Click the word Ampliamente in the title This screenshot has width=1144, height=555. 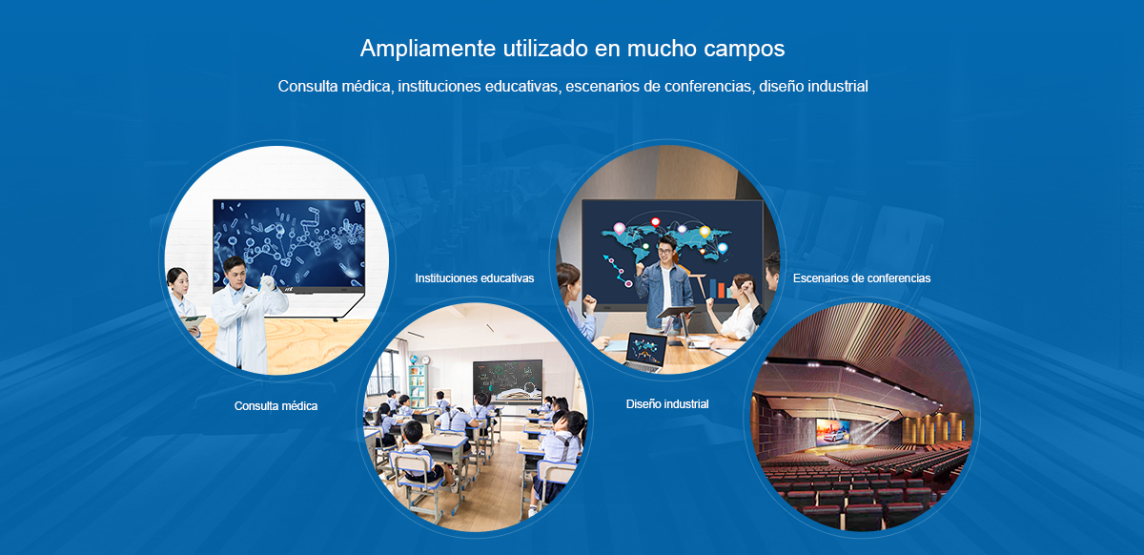click(x=428, y=49)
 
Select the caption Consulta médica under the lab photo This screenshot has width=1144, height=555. click(x=276, y=406)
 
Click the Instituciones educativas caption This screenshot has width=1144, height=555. click(x=475, y=278)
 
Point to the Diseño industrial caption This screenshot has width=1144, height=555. click(x=667, y=403)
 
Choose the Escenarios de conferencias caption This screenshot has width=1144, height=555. click(x=862, y=278)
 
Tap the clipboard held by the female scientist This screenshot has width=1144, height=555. click(x=193, y=322)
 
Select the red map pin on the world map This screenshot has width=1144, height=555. click(x=655, y=222)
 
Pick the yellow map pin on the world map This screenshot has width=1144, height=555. click(x=705, y=232)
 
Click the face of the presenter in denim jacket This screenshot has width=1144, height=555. click(x=665, y=251)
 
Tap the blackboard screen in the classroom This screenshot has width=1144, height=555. click(x=507, y=381)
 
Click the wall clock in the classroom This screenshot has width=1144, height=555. click(x=425, y=360)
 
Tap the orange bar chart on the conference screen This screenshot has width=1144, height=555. click(x=721, y=289)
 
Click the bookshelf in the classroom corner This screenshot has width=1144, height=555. click(x=418, y=385)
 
